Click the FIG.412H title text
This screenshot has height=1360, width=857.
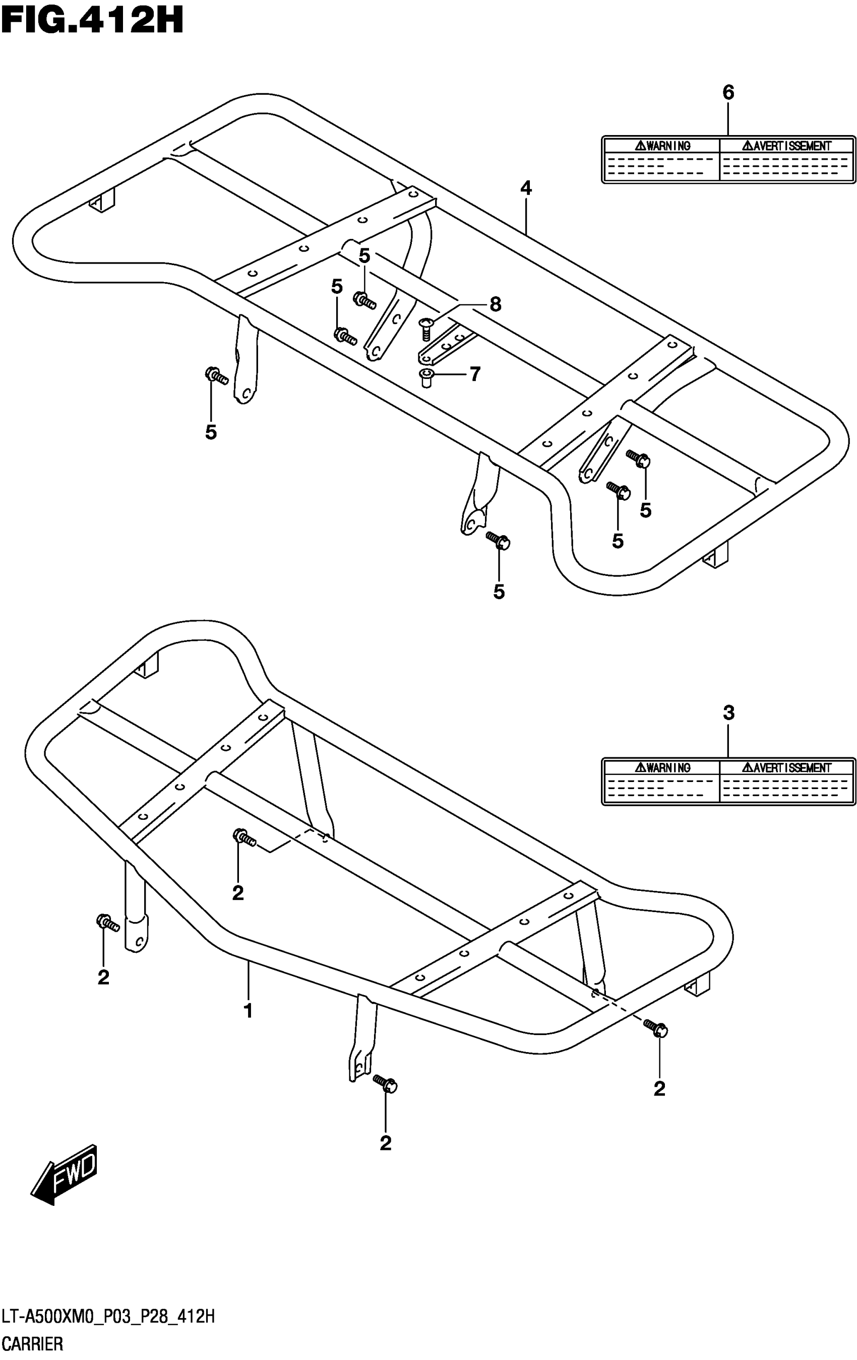click(92, 22)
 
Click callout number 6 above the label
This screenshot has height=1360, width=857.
click(728, 92)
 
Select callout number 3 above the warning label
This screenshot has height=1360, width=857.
click(728, 713)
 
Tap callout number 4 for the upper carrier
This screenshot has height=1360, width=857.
click(526, 188)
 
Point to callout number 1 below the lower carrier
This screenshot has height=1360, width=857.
click(248, 1010)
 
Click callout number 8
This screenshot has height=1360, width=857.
click(495, 304)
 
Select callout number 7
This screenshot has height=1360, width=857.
click(474, 373)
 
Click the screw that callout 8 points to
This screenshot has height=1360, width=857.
click(426, 328)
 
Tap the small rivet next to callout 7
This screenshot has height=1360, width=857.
click(426, 377)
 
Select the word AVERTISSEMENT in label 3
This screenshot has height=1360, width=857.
click(786, 767)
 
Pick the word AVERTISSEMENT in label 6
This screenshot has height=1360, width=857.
click(786, 146)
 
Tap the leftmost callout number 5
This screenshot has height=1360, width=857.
click(211, 433)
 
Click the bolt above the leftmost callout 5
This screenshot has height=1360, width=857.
click(216, 375)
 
